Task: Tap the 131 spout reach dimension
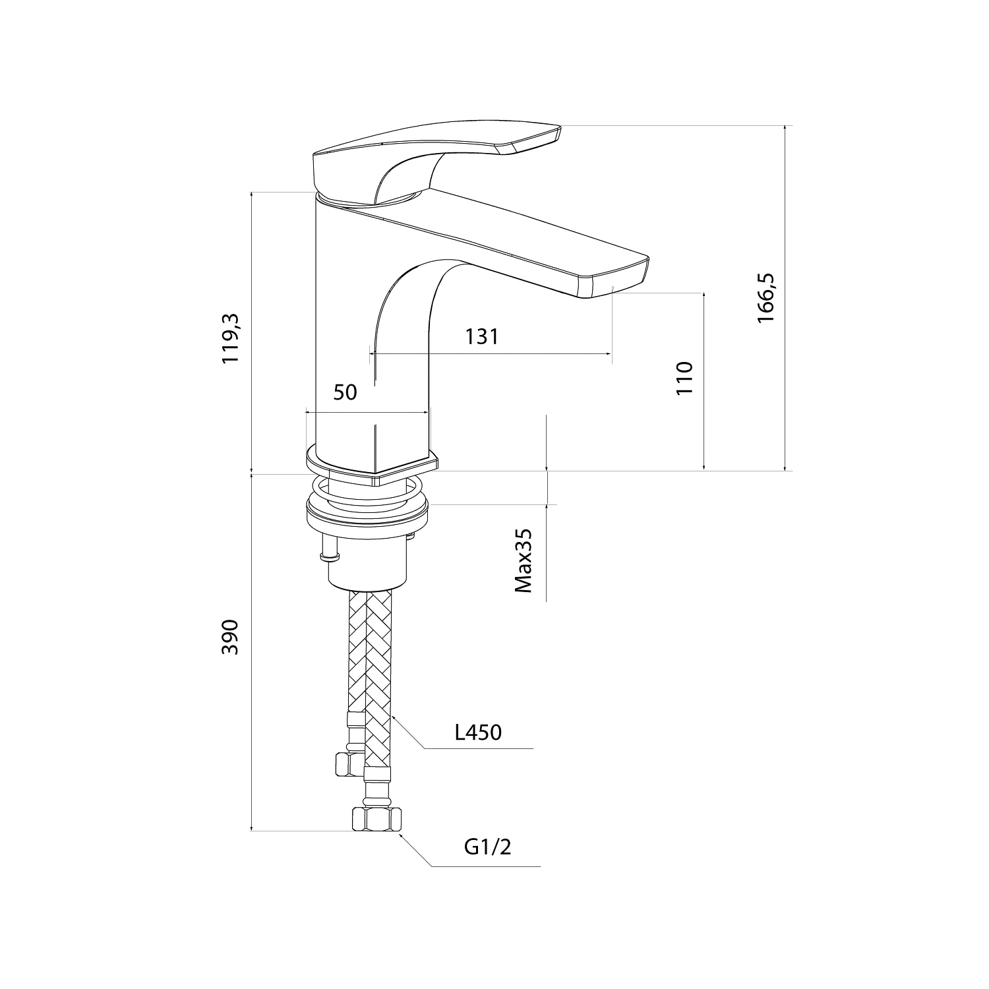pyautogui.click(x=482, y=336)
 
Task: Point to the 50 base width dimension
pyautogui.click(x=345, y=392)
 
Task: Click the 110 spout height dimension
pyautogui.click(x=686, y=378)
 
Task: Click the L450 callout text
pyautogui.click(x=479, y=732)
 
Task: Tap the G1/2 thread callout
pyautogui.click(x=488, y=847)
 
